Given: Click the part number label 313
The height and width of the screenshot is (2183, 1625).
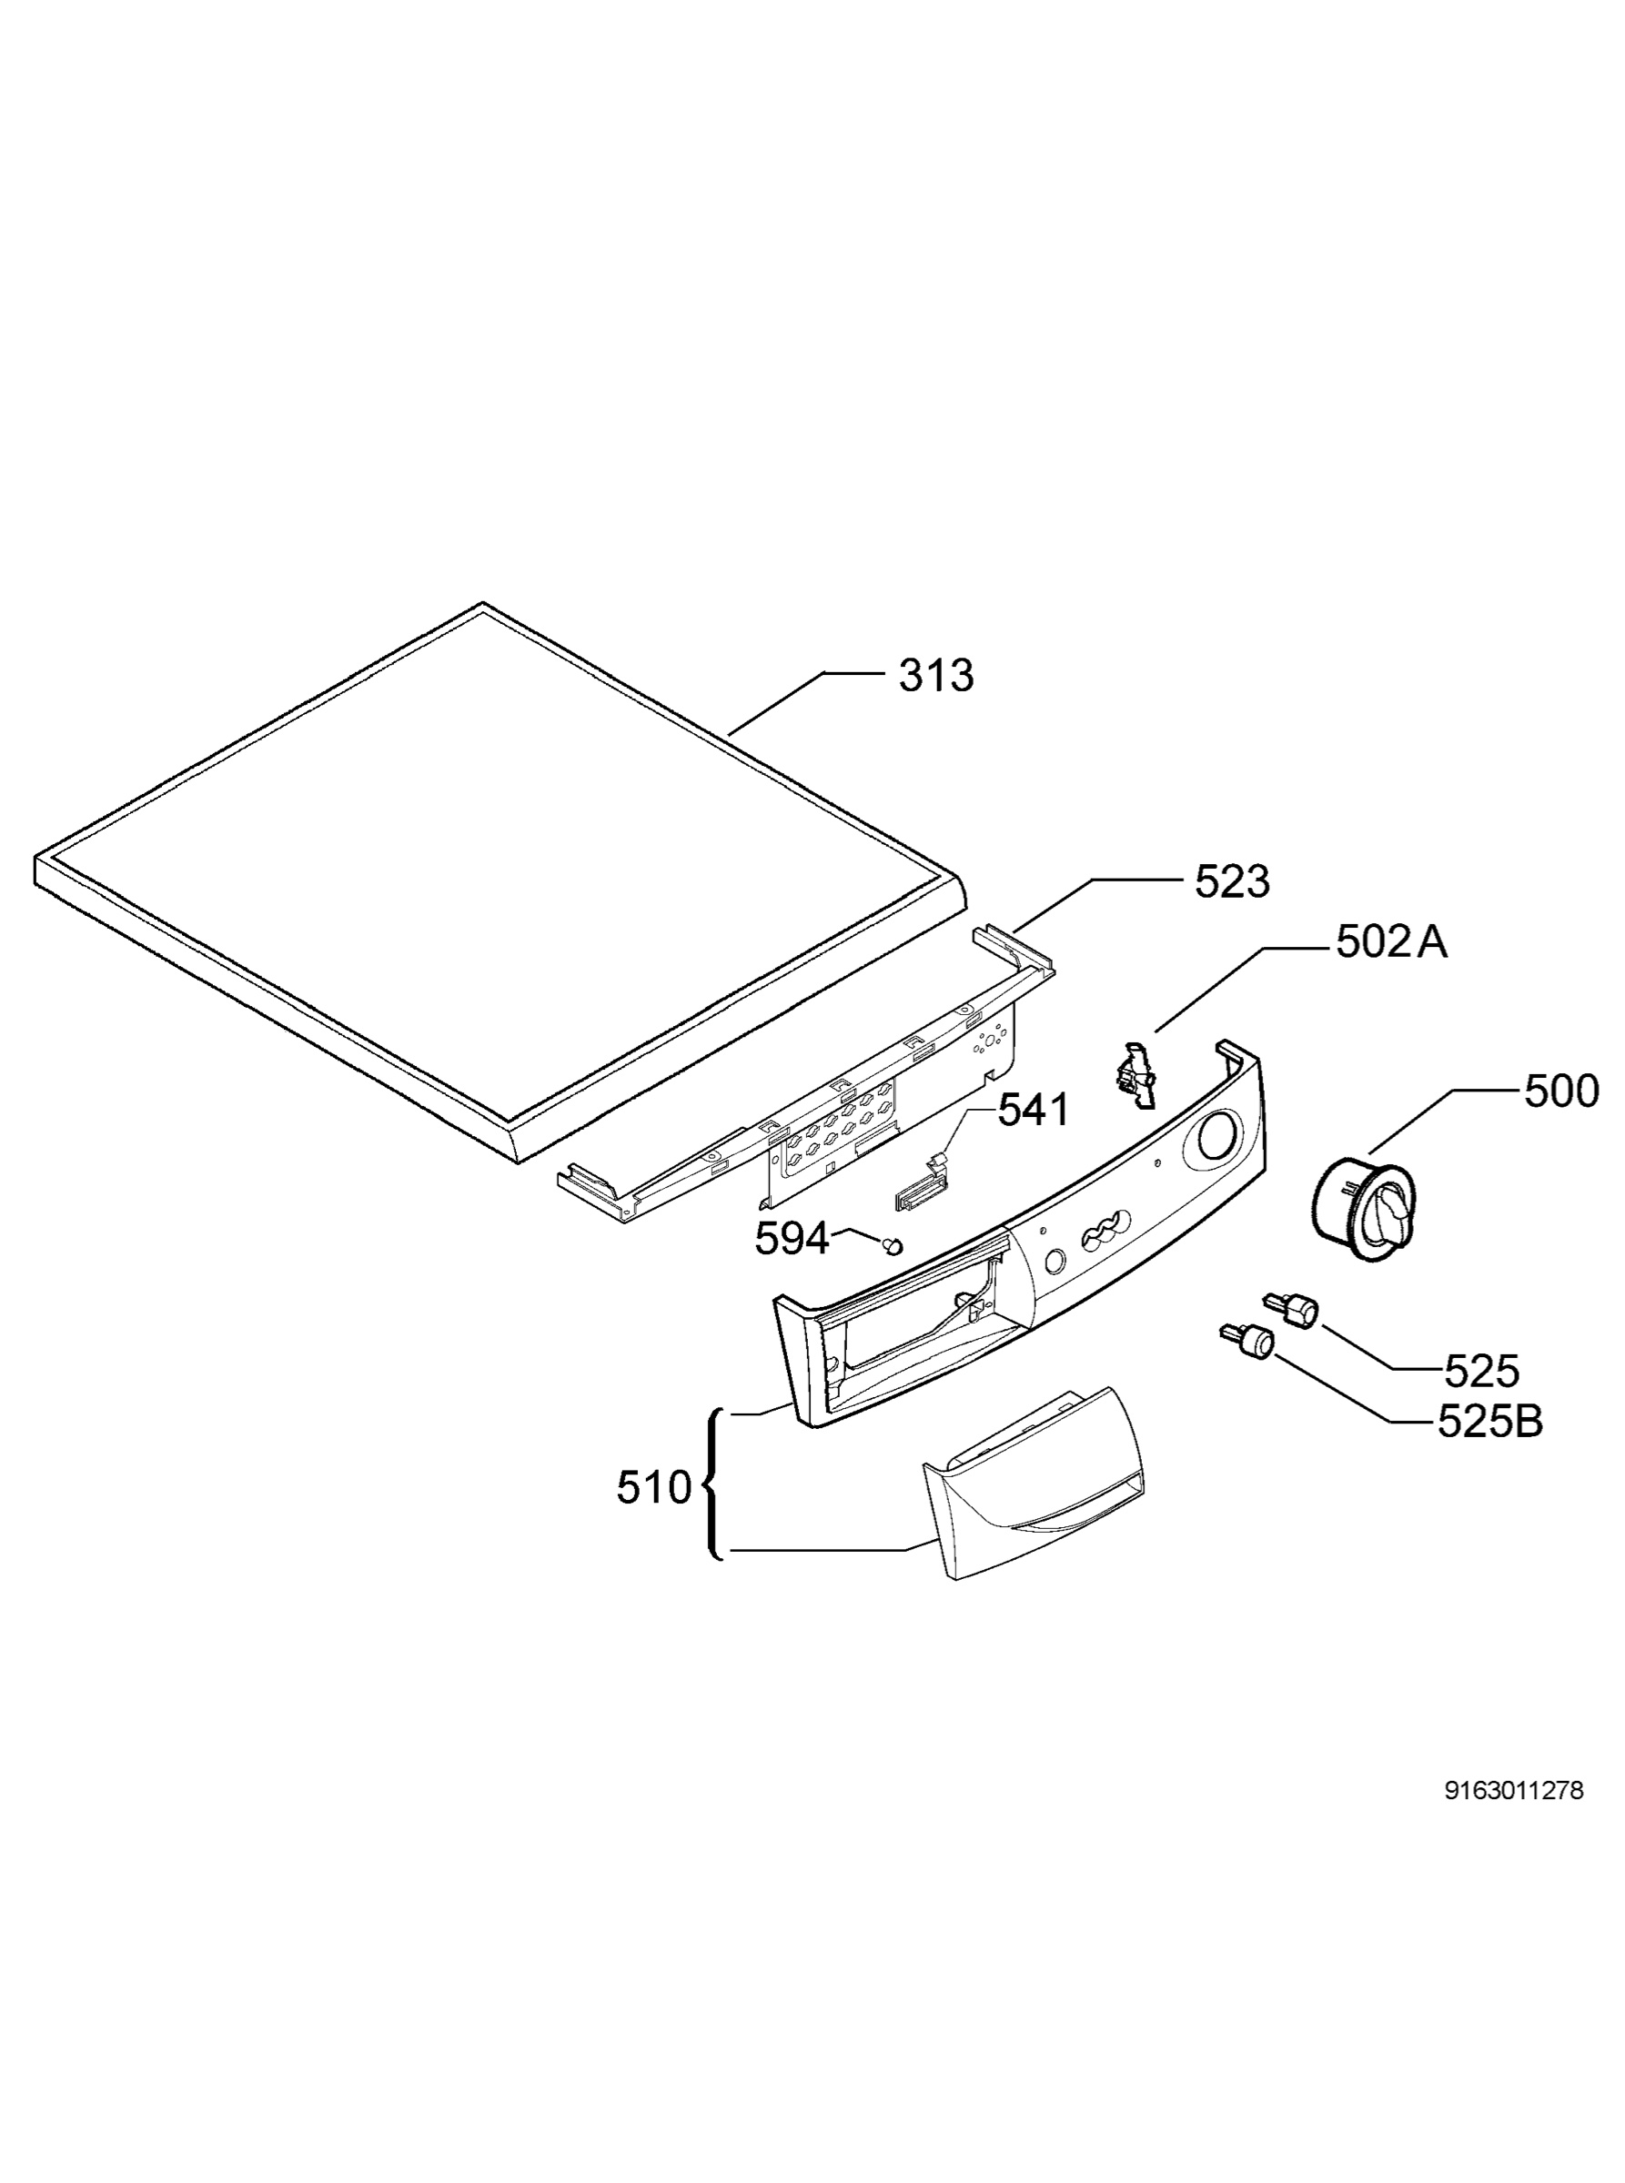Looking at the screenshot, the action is point(935,676).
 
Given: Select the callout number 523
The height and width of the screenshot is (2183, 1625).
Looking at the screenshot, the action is point(1232,881).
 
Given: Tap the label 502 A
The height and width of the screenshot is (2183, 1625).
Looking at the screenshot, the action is point(1391,942).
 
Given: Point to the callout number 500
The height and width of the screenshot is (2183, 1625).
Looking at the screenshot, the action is point(1561,1091).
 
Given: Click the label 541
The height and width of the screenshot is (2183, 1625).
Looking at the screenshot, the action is point(1033,1112).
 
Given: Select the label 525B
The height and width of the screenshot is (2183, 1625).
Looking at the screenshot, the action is point(1490,1422).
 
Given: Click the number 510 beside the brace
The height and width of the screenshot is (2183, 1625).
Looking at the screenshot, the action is point(654,1488).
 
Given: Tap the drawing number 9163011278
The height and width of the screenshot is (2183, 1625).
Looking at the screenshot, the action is point(1514,1791).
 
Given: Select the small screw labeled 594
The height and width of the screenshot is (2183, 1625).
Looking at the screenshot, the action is point(893,1247).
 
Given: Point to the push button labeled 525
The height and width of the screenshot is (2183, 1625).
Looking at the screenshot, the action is point(1290,1309).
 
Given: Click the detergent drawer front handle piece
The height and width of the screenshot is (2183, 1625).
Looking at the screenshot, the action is point(1033,1484).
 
